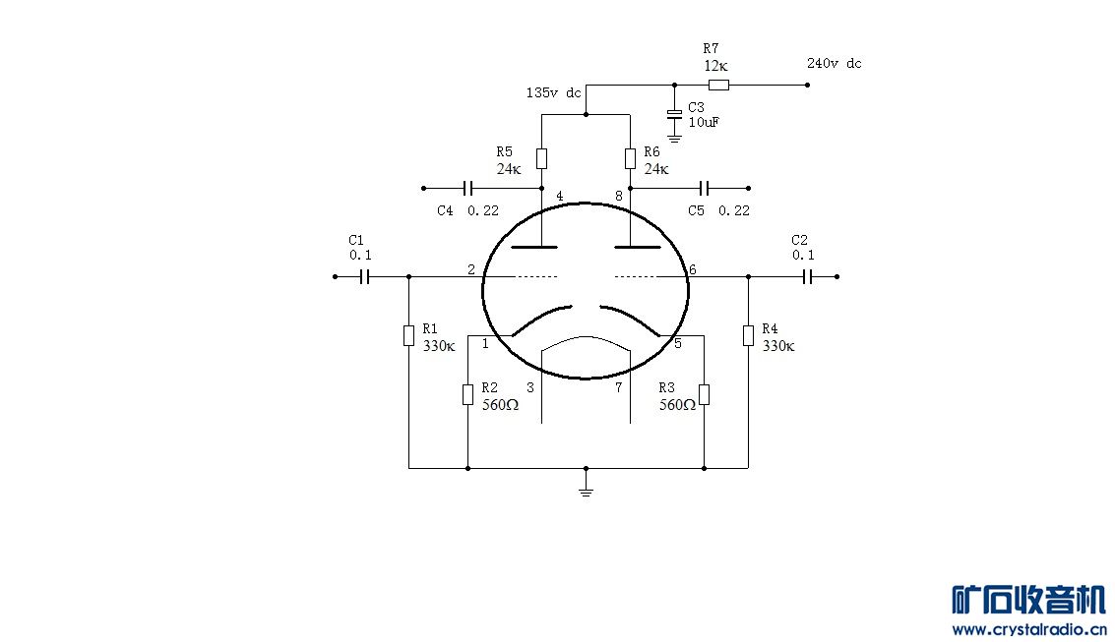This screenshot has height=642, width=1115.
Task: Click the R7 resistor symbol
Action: (x=719, y=86)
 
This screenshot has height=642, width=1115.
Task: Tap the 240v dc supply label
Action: (x=835, y=63)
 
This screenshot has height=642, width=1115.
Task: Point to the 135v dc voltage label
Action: (x=553, y=92)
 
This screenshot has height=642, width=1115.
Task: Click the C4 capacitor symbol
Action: (x=467, y=188)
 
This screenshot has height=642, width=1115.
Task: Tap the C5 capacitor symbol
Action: (x=704, y=188)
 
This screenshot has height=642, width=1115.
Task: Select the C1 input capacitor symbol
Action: (x=364, y=276)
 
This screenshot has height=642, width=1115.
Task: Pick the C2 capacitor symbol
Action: (x=807, y=276)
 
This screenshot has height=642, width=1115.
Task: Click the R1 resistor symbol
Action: (x=408, y=336)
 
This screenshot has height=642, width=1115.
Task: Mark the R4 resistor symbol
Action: (x=748, y=336)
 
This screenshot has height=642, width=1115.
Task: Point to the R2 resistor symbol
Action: (x=467, y=395)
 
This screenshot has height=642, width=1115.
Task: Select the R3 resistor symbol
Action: (x=704, y=395)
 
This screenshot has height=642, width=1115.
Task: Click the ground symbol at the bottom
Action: (x=586, y=490)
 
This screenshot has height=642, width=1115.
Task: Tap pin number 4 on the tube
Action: (x=560, y=196)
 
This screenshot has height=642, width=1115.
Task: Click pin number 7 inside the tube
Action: (x=619, y=387)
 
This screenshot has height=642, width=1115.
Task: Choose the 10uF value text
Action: (x=704, y=122)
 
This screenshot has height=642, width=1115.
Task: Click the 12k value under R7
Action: (x=716, y=66)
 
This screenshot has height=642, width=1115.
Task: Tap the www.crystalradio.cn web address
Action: (x=1029, y=629)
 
